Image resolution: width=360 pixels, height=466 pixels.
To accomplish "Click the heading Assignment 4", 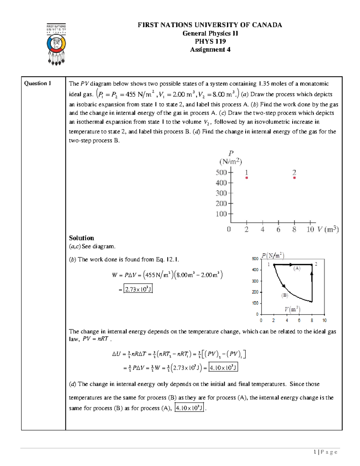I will click(x=210, y=50).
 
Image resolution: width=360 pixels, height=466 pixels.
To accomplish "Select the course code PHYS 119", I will click(x=210, y=41).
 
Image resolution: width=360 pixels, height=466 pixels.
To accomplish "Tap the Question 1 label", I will click(x=37, y=83).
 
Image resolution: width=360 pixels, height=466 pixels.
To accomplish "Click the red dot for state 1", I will click(x=247, y=178).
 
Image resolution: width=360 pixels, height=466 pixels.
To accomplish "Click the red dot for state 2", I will click(x=294, y=178).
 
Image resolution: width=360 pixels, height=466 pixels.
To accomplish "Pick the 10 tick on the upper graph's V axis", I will click(x=310, y=230).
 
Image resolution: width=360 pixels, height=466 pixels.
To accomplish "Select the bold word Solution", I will click(x=81, y=238).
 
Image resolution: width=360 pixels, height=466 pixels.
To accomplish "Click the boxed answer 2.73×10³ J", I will click(x=138, y=289).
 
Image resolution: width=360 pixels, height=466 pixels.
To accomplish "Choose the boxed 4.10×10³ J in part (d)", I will click(x=189, y=408).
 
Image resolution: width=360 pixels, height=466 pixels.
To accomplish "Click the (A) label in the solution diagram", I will click(x=297, y=269).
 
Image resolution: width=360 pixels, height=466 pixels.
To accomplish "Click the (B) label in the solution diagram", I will click(x=284, y=295).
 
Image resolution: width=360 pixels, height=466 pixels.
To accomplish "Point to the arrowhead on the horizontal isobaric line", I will click(x=291, y=264).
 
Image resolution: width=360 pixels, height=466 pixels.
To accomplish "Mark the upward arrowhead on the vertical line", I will click(x=312, y=273).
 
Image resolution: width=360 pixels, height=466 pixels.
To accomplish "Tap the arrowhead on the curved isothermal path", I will click(x=283, y=286).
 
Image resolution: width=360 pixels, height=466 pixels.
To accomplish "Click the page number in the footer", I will click(x=315, y=452).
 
